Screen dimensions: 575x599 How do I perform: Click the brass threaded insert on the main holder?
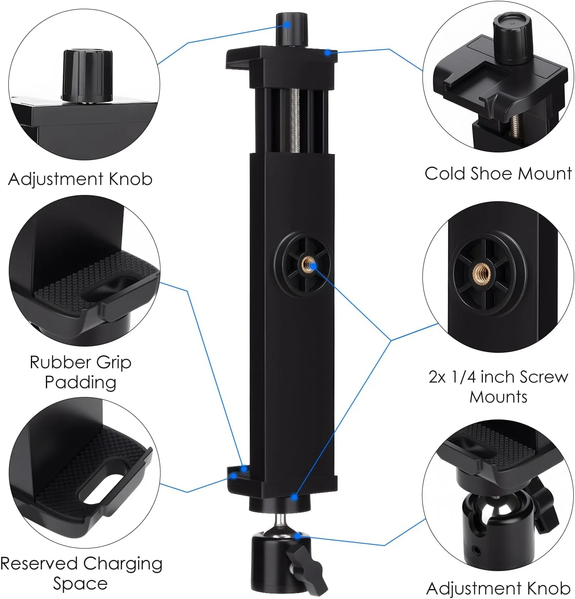coord(307,264)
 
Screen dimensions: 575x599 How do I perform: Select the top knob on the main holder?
coord(292,30)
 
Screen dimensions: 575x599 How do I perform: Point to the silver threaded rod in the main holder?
coord(294,120)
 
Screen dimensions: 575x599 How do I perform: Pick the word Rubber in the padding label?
coord(57,362)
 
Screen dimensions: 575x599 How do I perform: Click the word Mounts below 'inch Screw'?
coord(498,397)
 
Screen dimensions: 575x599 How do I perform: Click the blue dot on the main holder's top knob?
coord(287,25)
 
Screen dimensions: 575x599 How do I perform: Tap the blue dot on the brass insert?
coord(312,265)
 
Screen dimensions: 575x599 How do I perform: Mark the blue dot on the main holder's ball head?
coord(297,537)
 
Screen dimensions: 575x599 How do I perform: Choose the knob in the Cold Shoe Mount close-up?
coord(512,38)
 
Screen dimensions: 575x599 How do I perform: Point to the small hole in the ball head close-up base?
coord(477,550)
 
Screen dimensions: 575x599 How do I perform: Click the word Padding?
coord(80,383)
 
